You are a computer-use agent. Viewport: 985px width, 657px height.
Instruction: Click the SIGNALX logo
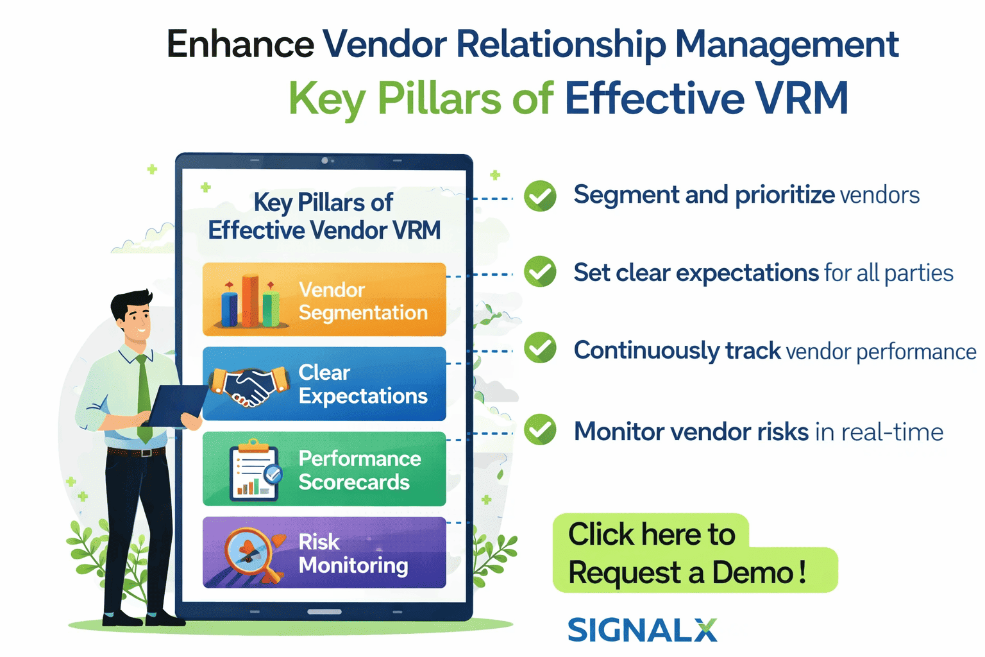642,630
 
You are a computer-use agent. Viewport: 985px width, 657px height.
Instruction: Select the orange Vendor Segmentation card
324,300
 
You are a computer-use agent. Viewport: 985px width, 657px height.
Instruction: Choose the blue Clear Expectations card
324,384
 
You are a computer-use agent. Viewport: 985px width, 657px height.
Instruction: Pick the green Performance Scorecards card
324,469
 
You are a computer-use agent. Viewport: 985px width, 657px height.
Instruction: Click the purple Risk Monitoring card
324,552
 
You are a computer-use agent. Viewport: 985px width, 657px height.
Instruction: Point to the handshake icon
249,386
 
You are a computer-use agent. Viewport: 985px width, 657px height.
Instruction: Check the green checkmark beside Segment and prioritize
540,196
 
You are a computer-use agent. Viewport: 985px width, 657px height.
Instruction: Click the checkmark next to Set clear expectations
540,271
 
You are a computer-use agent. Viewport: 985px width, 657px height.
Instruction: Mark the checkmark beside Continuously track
540,348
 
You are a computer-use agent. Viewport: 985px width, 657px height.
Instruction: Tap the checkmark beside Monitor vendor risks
540,430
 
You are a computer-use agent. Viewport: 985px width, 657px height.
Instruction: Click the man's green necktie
144,398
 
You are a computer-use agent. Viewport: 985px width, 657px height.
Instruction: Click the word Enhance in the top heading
240,45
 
